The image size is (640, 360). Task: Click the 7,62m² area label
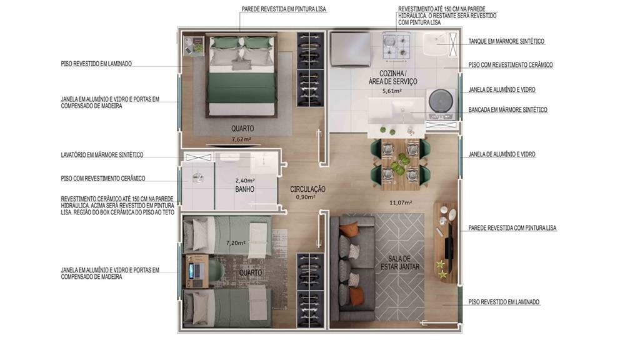(241, 139)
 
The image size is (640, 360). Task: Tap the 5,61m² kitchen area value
(392, 91)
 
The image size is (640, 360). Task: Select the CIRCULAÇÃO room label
(307, 189)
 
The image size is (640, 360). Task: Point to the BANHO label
(244, 189)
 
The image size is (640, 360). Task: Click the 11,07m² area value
(401, 202)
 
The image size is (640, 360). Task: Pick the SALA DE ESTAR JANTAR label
(400, 262)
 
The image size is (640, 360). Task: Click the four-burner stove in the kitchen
(396, 46)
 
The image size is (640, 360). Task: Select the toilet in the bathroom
(197, 177)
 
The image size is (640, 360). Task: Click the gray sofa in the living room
(352, 268)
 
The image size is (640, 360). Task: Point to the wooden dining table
(400, 164)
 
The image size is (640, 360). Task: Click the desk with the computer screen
(197, 271)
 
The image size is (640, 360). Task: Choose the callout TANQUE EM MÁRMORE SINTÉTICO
(506, 41)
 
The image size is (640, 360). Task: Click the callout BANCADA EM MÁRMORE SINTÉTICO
(507, 110)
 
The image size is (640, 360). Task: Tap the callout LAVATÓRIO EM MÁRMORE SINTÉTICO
(102, 155)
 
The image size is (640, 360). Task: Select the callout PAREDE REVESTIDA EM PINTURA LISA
(284, 9)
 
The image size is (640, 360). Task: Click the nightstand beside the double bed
(194, 46)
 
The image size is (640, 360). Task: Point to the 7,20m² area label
(236, 243)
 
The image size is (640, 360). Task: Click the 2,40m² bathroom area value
(245, 181)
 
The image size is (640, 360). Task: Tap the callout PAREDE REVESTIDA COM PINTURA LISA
(512, 228)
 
